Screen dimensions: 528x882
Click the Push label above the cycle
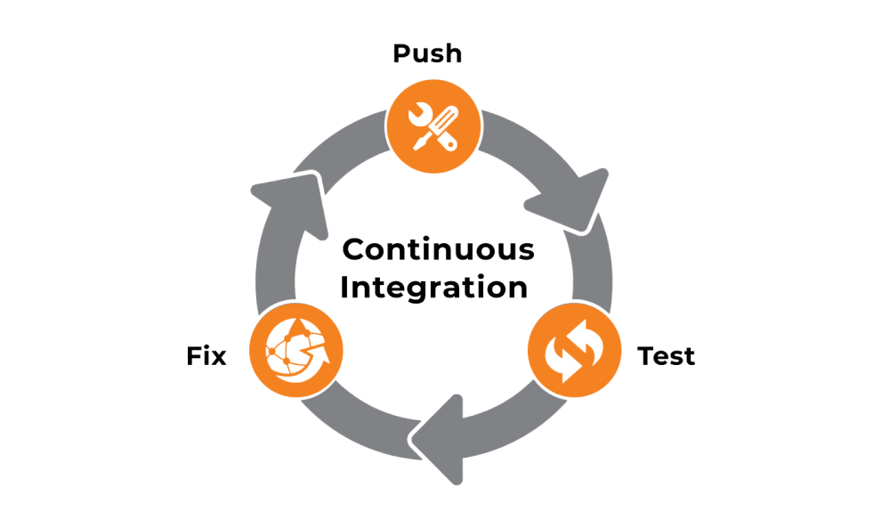click(x=427, y=53)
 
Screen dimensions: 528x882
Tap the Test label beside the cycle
click(x=666, y=356)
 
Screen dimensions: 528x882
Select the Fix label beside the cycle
click(x=206, y=356)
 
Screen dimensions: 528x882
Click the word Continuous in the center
click(x=438, y=249)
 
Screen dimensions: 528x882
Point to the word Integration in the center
click(x=433, y=288)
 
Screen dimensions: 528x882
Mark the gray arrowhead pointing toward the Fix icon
click(x=442, y=438)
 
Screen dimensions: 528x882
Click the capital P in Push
click(x=401, y=53)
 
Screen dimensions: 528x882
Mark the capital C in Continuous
click(x=353, y=249)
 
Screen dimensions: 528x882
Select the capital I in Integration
click(x=344, y=288)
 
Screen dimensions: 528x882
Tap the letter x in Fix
click(x=218, y=358)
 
